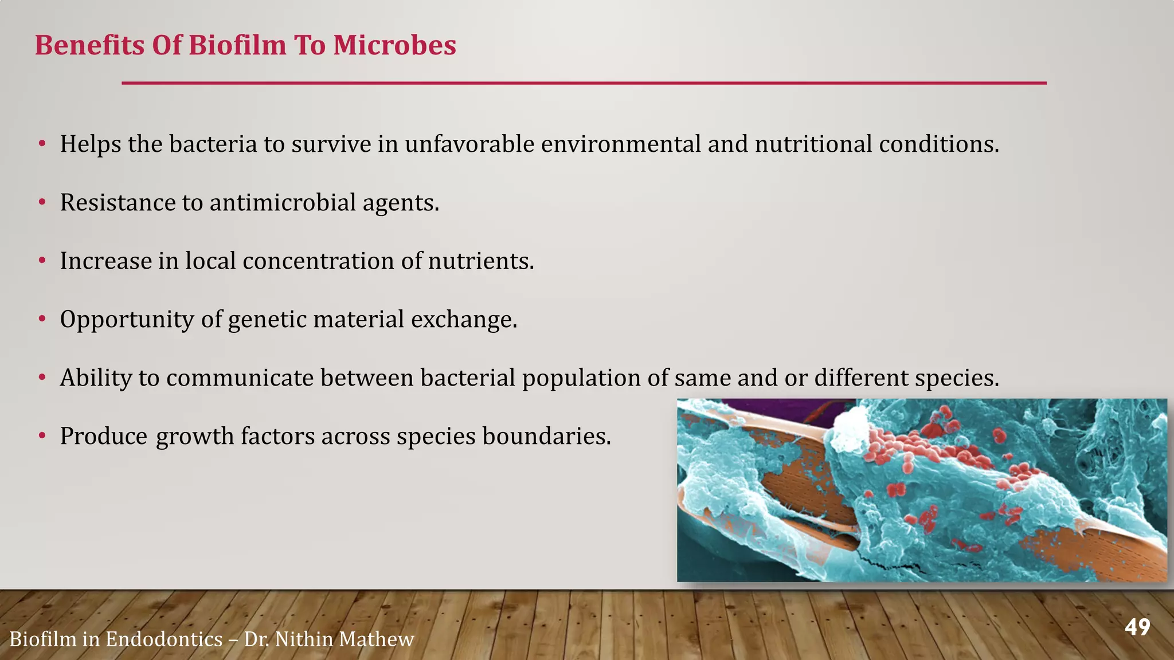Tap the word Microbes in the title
(394, 45)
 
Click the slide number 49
(1137, 627)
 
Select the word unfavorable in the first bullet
(469, 144)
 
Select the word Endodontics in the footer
(164, 639)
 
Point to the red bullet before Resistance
(42, 202)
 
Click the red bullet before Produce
(42, 437)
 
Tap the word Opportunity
(127, 320)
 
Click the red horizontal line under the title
(584, 83)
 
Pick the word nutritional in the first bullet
(813, 144)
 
